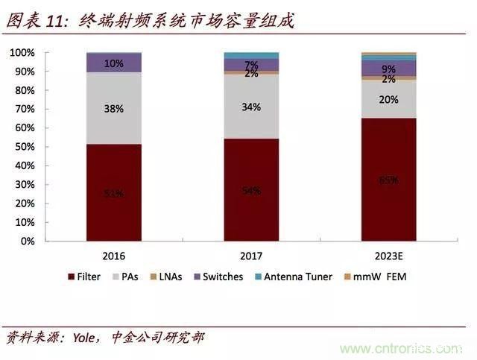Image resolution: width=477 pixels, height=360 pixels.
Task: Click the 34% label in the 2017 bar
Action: point(251,107)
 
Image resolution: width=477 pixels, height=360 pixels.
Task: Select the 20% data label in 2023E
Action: point(388,99)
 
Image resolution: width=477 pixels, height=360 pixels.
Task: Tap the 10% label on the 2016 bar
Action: point(114,63)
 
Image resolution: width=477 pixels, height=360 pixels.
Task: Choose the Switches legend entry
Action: point(217,277)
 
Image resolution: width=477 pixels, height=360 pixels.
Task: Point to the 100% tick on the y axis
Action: point(22,53)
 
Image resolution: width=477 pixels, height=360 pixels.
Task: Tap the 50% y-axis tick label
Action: point(25,148)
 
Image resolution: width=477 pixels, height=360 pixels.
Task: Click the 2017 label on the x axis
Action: point(251,254)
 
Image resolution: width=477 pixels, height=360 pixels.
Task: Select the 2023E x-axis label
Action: point(388,254)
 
